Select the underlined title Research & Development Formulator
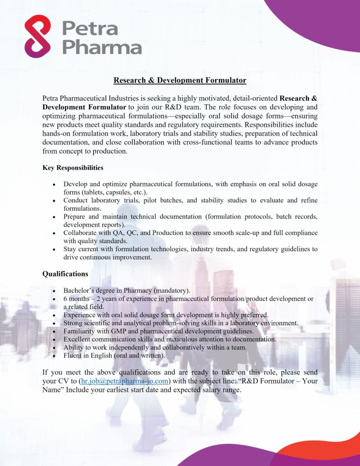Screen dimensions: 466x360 click(x=180, y=80)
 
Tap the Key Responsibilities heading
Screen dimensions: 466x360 click(x=73, y=168)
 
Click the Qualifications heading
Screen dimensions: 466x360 click(x=65, y=274)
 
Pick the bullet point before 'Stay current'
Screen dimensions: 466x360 click(x=55, y=249)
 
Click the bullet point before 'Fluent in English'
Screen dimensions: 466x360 click(x=55, y=356)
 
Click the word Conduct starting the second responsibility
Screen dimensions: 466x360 click(x=76, y=200)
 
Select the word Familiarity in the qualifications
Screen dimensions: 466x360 click(x=80, y=331)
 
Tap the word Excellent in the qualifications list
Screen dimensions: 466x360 click(x=78, y=339)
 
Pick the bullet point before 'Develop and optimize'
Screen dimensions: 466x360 click(x=55, y=184)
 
